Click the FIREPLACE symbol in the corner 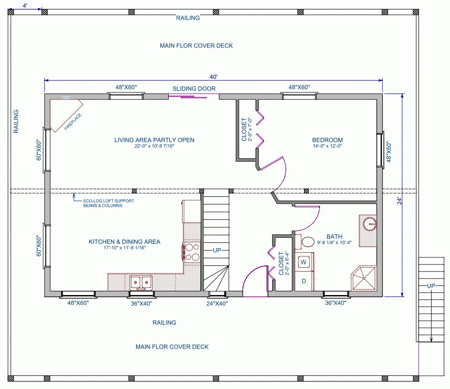pyautogui.click(x=67, y=116)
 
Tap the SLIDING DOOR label pyautogui.click(x=194, y=89)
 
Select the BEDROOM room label pyautogui.click(x=327, y=140)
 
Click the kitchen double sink pyautogui.click(x=141, y=282)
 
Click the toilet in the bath pyautogui.click(x=307, y=242)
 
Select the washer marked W pyautogui.click(x=304, y=261)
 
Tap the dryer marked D pyautogui.click(x=304, y=281)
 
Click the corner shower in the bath pyautogui.click(x=365, y=279)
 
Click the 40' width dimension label pyautogui.click(x=214, y=77)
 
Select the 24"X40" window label pyautogui.click(x=217, y=303)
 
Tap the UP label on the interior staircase pyautogui.click(x=216, y=250)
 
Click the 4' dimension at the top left pyautogui.click(x=25, y=5)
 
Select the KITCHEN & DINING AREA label pyautogui.click(x=124, y=242)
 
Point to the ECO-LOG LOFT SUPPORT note pyautogui.click(x=103, y=203)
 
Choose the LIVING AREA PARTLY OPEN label pyautogui.click(x=154, y=140)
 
